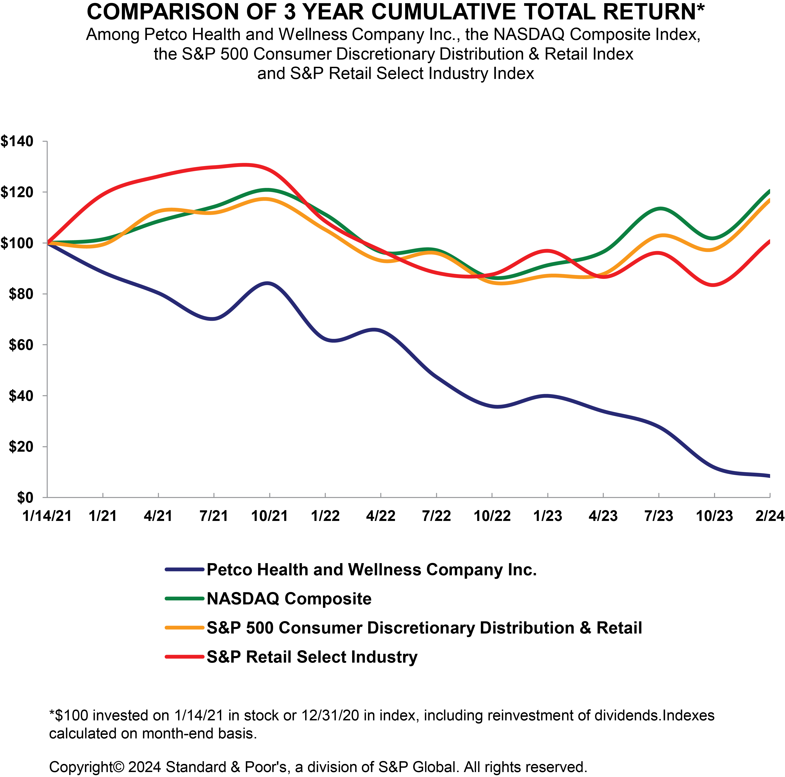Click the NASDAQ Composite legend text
pos(289,599)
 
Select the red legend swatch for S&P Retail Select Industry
pos(184,657)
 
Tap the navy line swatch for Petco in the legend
pos(184,570)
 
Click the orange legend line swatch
pos(184,628)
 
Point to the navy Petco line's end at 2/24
pos(769,476)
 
